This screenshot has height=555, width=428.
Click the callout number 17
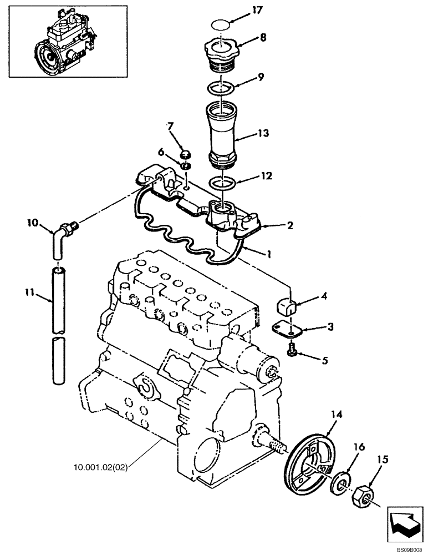pyautogui.click(x=257, y=10)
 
